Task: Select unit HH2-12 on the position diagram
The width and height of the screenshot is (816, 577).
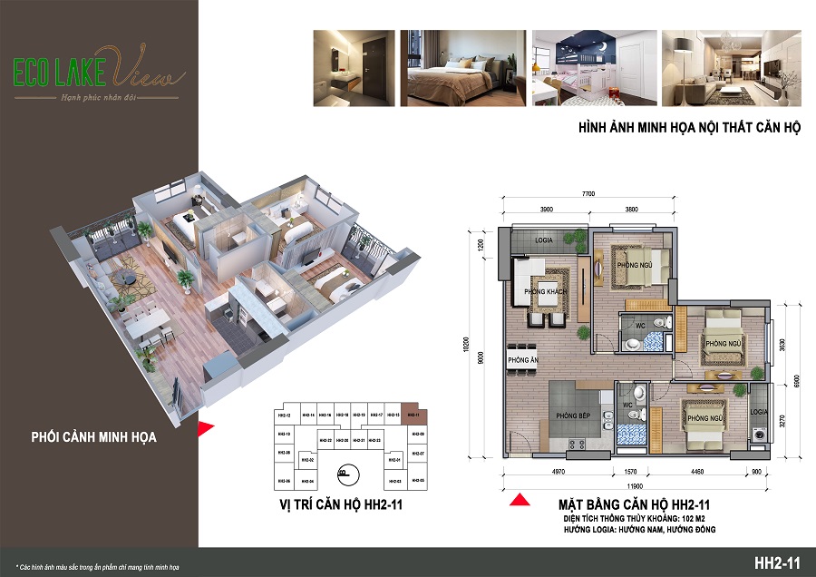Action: (x=284, y=416)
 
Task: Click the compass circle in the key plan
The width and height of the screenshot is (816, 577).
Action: (x=343, y=472)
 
